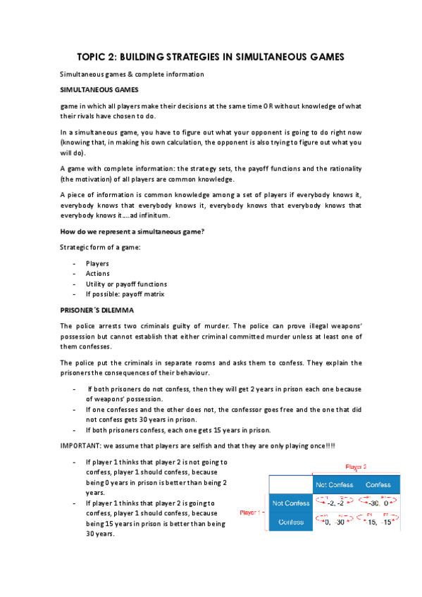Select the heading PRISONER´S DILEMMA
[97, 310]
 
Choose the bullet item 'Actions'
[98, 273]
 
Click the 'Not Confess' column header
[335, 484]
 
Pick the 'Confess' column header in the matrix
[378, 484]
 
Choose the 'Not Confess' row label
[290, 503]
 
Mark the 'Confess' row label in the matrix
[290, 522]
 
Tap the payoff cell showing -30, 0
[378, 503]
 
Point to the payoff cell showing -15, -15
[378, 522]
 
